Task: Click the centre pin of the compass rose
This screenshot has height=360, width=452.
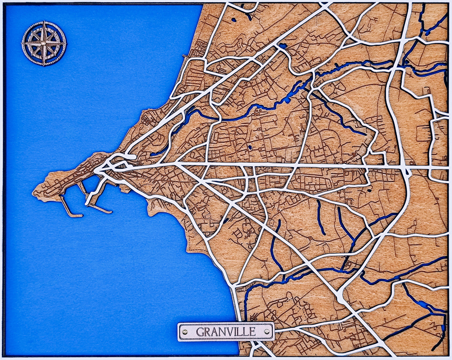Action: click(44, 43)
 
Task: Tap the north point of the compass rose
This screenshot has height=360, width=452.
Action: click(44, 23)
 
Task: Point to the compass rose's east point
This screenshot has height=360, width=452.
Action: click(65, 43)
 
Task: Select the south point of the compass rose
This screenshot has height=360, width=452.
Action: click(44, 64)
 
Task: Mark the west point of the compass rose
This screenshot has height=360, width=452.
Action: click(23, 43)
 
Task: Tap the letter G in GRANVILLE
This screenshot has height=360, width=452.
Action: click(200, 331)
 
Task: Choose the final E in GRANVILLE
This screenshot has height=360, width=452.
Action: click(252, 331)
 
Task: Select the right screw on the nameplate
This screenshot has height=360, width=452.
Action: click(266, 331)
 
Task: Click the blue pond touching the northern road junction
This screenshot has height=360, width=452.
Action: click(283, 46)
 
